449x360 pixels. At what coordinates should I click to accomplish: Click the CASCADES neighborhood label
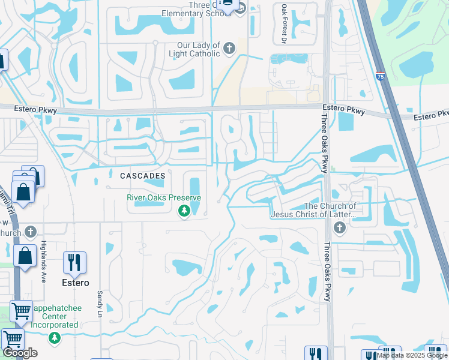click(142, 176)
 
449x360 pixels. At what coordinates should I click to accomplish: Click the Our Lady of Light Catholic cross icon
click(229, 49)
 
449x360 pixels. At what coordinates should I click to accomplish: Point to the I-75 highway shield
click(381, 76)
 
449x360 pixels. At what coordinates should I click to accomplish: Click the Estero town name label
click(74, 283)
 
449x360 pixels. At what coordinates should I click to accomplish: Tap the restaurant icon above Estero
click(74, 262)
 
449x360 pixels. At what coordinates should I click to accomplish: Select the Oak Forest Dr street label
click(283, 24)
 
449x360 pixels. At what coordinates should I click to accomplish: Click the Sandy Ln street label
click(100, 304)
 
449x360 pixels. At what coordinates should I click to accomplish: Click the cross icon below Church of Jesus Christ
click(340, 228)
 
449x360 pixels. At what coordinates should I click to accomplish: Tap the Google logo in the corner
click(20, 353)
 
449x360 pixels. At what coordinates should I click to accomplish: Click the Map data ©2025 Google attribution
click(412, 355)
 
